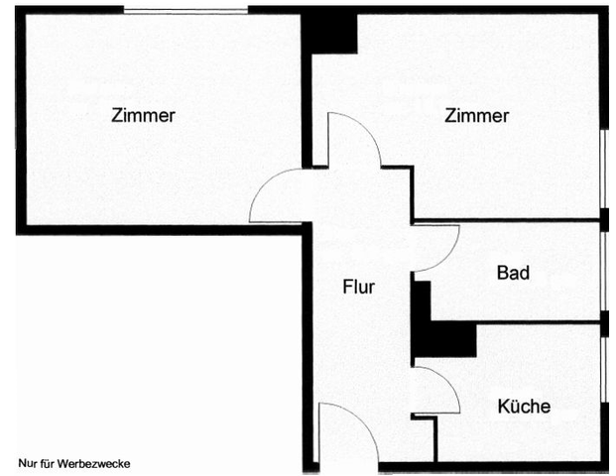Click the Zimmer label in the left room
coord(144,116)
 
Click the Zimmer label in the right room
coord(477,116)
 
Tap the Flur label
coord(358,288)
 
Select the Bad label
coord(512,273)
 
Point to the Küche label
coord(524,406)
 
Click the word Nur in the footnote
coord(27,463)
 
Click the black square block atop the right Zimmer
coord(329,32)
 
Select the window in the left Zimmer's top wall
coord(185,10)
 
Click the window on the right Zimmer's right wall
coord(603,169)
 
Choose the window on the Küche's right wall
coord(603,372)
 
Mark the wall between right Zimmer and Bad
coord(506,220)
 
